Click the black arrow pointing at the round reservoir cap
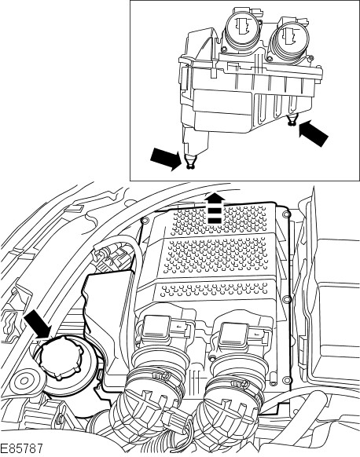click(x=38, y=324)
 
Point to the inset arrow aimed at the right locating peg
click(x=314, y=133)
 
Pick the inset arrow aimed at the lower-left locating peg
click(x=165, y=159)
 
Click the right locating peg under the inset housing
click(x=291, y=120)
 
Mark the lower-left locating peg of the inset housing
click(x=191, y=161)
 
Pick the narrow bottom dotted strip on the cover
click(x=215, y=291)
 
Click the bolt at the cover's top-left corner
click(x=144, y=220)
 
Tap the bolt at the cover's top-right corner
click(x=286, y=214)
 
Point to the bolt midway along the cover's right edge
click(x=287, y=299)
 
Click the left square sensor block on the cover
click(x=156, y=327)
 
